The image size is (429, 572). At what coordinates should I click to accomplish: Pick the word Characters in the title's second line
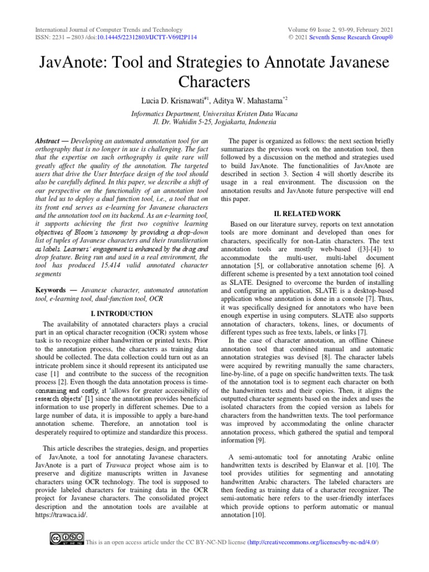click(x=214, y=82)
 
